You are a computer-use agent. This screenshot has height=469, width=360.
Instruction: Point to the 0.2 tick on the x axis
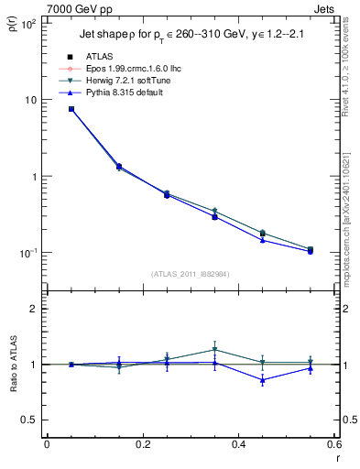coord(142,444)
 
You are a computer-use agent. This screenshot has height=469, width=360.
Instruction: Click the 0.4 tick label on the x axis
coord(238,444)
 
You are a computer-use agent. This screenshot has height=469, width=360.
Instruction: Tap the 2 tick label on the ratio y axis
coord(33,309)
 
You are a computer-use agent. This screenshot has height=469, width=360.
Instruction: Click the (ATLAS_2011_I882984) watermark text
coord(191,273)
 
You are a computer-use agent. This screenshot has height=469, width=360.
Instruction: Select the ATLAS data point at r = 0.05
coord(71,109)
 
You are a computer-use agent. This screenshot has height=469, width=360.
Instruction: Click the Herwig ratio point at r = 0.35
coord(214,349)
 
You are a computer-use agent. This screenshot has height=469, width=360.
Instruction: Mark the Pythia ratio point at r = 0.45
coord(262,380)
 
